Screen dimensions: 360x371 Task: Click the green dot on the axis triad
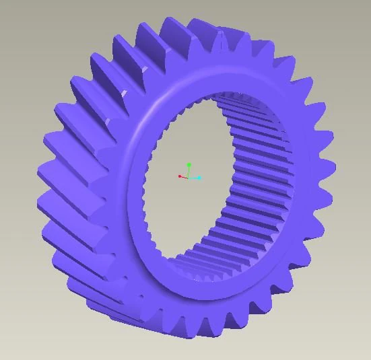(x=189, y=164)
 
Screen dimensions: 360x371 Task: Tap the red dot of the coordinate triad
(x=180, y=176)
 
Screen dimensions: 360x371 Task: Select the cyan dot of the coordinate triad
(x=199, y=178)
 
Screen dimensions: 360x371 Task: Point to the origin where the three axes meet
(x=189, y=178)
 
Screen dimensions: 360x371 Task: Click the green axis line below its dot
(x=189, y=171)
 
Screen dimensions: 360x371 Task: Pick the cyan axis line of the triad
(x=195, y=178)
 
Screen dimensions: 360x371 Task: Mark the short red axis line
(x=184, y=177)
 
